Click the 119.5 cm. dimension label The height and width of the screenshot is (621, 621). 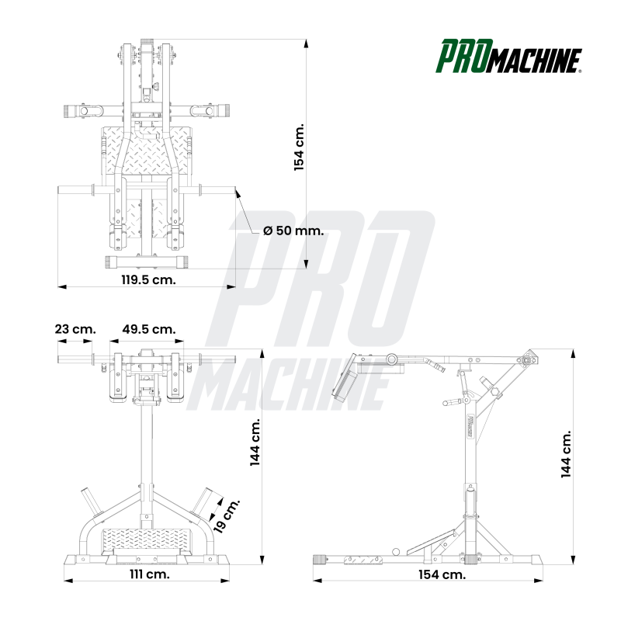coord(148,279)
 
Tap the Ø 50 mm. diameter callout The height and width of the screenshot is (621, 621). coord(293,231)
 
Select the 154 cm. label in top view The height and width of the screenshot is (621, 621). coord(299,147)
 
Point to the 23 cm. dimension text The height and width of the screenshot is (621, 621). coord(75,329)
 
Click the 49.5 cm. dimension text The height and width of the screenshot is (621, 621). coord(149,329)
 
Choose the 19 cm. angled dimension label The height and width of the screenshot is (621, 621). coord(226,515)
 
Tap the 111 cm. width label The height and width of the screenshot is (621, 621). coord(150,574)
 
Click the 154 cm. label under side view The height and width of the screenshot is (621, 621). coord(442,574)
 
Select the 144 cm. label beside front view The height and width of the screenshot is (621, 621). coord(255,442)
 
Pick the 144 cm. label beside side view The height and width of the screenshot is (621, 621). coord(567,454)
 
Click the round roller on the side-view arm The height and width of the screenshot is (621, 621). coord(392,359)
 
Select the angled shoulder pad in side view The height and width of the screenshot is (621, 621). coord(344,378)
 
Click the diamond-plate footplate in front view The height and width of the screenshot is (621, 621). coord(147,540)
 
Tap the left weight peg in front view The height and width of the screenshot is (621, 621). coord(91,501)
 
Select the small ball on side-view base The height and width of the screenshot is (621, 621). coord(396,552)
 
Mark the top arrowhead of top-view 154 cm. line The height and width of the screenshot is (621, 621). coord(306,43)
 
